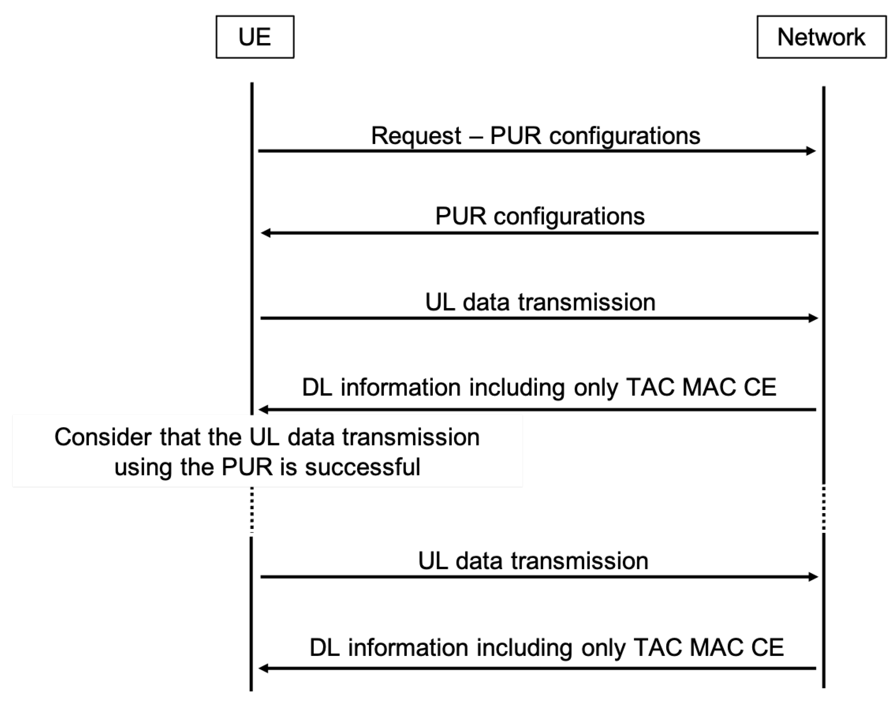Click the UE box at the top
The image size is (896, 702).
(x=255, y=37)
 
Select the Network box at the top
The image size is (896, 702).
(x=821, y=37)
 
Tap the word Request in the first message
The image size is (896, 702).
(x=416, y=136)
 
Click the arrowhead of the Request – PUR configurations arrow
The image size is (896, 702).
(x=811, y=151)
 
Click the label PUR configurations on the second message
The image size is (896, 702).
(x=540, y=216)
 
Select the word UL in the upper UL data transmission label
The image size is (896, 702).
(x=440, y=303)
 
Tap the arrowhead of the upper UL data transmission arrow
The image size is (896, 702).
(x=813, y=318)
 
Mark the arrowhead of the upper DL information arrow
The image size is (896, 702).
(x=264, y=410)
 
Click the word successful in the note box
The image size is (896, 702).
(x=362, y=467)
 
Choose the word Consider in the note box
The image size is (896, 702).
(x=103, y=437)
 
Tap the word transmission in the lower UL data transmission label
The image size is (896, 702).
(x=580, y=561)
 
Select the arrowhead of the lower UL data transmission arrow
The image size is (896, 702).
(x=813, y=577)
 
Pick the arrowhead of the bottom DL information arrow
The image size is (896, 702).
(x=264, y=669)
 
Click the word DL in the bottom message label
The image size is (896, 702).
(x=325, y=648)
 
